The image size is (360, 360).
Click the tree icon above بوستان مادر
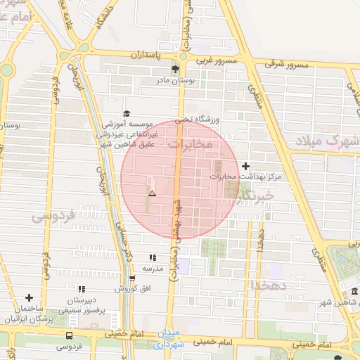pos(175,69)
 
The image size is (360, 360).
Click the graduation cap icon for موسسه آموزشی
pos(127,113)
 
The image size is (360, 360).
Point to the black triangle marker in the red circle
pos(152,193)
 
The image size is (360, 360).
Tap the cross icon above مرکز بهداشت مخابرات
pos(245,166)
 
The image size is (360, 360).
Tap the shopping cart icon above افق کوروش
pos(131,278)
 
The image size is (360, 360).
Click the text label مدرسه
pos(153,269)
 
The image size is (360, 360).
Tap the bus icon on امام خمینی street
pos(69,335)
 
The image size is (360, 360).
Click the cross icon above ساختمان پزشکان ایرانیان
pos(29,298)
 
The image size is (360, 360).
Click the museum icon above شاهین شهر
pos(354,292)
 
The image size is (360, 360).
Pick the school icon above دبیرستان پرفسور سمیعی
pos(82,289)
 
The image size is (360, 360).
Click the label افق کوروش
pos(130,289)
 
